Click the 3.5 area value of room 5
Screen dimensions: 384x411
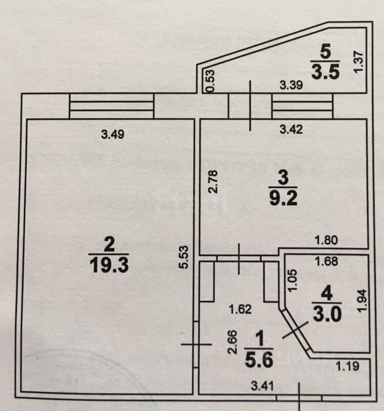click(325, 71)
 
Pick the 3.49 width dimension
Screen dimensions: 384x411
click(112, 134)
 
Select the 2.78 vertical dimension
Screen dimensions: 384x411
click(214, 182)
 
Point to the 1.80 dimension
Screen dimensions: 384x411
click(327, 241)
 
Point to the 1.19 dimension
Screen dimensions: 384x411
click(347, 366)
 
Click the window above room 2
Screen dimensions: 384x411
click(111, 106)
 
